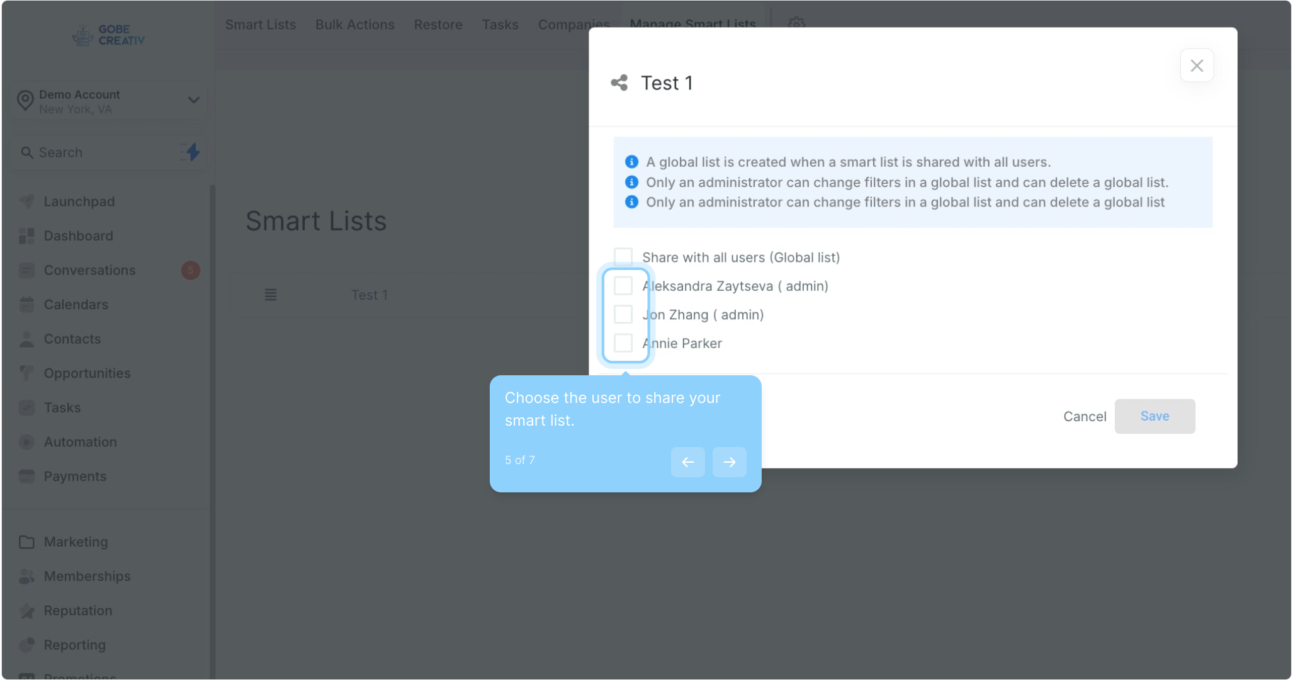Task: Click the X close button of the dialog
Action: (1196, 65)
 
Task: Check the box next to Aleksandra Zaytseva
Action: (623, 286)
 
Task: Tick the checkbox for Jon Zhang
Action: (623, 314)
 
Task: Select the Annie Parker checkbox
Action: (623, 343)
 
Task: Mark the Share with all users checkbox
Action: (623, 257)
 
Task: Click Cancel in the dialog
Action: (1084, 416)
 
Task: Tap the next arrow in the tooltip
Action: (729, 462)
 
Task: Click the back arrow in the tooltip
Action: (687, 462)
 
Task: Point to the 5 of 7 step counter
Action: (520, 460)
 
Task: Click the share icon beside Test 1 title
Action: (619, 82)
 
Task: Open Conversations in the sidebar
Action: (89, 270)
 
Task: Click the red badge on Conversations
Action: (191, 270)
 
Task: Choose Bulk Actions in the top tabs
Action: (355, 25)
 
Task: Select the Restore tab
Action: (438, 25)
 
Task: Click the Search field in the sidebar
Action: (94, 152)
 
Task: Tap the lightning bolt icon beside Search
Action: (192, 152)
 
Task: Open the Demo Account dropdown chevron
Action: (194, 100)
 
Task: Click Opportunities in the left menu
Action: (87, 373)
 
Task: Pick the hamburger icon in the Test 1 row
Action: (271, 295)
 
